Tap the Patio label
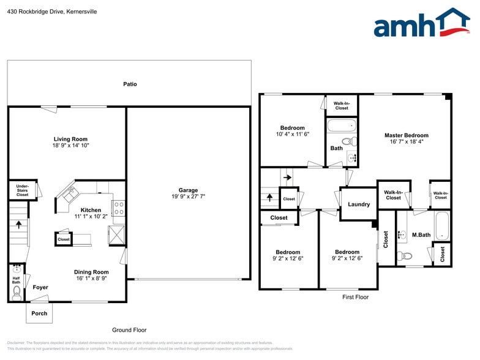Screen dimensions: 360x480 pyautogui.click(x=130, y=84)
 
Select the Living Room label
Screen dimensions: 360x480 pyautogui.click(x=70, y=139)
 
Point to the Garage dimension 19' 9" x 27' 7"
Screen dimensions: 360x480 pyautogui.click(x=188, y=197)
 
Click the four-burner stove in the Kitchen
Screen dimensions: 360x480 pyautogui.click(x=119, y=208)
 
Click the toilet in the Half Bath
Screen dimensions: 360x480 pyautogui.click(x=17, y=294)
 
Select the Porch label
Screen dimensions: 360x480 pyautogui.click(x=39, y=313)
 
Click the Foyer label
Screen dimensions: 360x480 pyautogui.click(x=40, y=287)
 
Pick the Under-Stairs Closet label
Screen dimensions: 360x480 pyautogui.click(x=22, y=190)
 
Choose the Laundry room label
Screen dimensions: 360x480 pyautogui.click(x=359, y=204)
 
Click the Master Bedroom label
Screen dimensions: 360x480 pyautogui.click(x=407, y=135)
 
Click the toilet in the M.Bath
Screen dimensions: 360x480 pyautogui.click(x=405, y=255)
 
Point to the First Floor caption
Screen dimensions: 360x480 pyautogui.click(x=355, y=297)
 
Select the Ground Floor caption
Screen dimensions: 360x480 pyautogui.click(x=129, y=330)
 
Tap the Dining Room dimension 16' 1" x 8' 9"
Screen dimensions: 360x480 pyautogui.click(x=91, y=279)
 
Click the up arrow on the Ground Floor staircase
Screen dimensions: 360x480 pyautogui.click(x=18, y=224)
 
